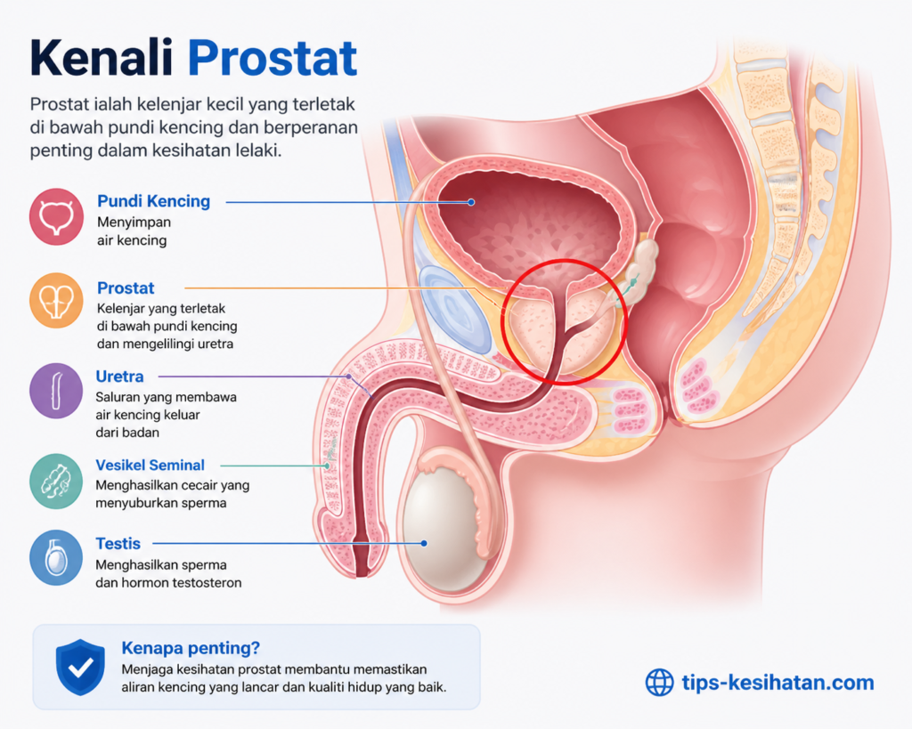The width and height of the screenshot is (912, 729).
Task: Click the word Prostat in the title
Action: [273, 58]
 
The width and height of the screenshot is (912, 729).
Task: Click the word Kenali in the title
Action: [102, 57]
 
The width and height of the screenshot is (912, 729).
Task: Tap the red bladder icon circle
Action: [56, 216]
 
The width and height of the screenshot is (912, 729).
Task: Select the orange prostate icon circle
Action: [56, 301]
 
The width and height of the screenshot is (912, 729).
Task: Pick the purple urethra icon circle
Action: [56, 391]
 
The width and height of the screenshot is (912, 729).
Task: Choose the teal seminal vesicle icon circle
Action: [56, 482]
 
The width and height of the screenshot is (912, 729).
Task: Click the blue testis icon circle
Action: [56, 557]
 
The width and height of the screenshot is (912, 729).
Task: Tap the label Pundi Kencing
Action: [153, 201]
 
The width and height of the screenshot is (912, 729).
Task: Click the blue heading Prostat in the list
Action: [126, 288]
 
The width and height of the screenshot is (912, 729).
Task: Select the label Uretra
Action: [119, 377]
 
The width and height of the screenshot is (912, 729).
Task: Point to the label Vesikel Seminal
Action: [150, 465]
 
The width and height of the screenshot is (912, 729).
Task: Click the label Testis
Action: [118, 544]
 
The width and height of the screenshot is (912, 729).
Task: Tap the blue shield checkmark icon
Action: [80, 668]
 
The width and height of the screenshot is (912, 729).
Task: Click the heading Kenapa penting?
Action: [191, 648]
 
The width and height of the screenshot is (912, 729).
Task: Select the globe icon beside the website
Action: [660, 683]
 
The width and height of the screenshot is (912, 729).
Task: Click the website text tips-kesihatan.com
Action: [778, 682]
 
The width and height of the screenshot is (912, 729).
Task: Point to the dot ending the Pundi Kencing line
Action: [471, 202]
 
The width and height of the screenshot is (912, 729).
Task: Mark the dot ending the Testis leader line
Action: [424, 543]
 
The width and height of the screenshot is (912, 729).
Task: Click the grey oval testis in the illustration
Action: [445, 526]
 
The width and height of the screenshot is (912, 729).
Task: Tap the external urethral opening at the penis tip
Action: [362, 572]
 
